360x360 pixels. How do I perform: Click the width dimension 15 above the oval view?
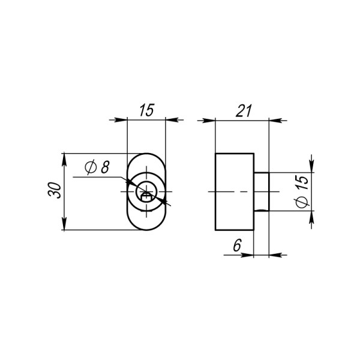(x=146, y=110)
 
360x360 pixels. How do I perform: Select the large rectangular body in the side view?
(x=234, y=191)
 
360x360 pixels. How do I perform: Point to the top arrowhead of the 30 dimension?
(x=63, y=158)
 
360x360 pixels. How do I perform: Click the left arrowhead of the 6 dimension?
(x=247, y=255)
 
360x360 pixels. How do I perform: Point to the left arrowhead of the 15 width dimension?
(x=121, y=120)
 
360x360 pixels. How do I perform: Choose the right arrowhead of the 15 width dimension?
(x=171, y=120)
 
